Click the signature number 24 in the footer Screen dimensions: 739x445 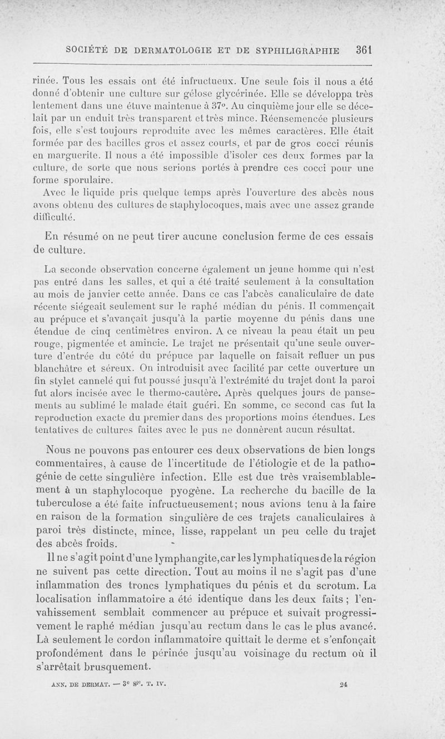[x=343, y=685]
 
